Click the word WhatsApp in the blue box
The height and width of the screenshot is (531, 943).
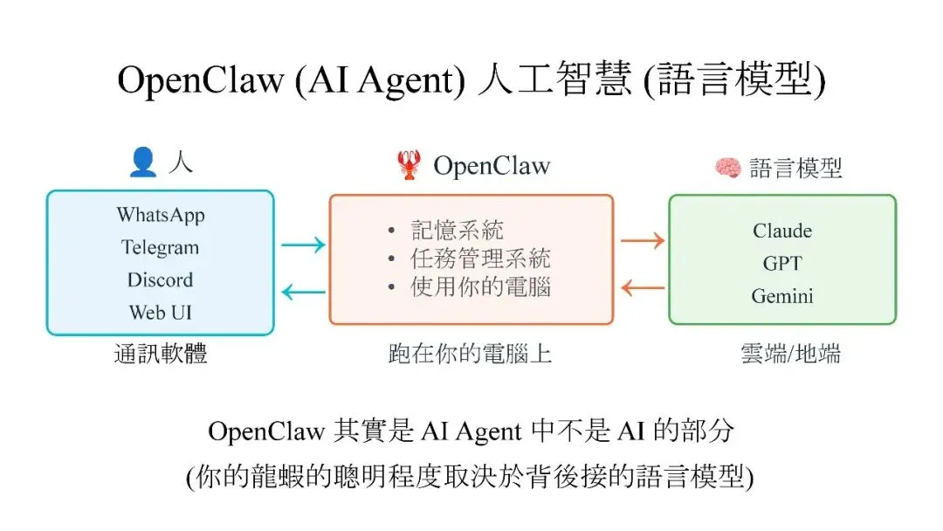tap(161, 215)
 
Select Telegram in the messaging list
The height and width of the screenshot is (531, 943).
tap(161, 247)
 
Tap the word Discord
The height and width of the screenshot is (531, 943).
tap(161, 280)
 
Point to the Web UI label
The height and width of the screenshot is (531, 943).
tap(161, 312)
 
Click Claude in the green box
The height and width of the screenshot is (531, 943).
tap(782, 231)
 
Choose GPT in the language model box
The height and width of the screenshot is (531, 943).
tap(782, 263)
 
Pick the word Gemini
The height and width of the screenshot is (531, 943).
tap(782, 296)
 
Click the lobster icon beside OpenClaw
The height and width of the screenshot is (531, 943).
tap(409, 164)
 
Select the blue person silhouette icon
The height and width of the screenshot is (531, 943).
tap(142, 162)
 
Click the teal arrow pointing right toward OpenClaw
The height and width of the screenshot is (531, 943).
tap(303, 245)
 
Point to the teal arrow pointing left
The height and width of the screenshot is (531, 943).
tap(303, 293)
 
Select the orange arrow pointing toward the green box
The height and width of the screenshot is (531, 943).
tap(642, 239)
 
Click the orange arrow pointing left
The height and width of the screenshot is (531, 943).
tap(642, 286)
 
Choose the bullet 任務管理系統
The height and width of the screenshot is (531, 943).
tap(480, 259)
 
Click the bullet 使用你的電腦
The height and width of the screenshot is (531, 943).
tap(480, 286)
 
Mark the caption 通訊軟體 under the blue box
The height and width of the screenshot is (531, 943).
tap(161, 354)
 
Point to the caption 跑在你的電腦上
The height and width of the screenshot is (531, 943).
tap(471, 354)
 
